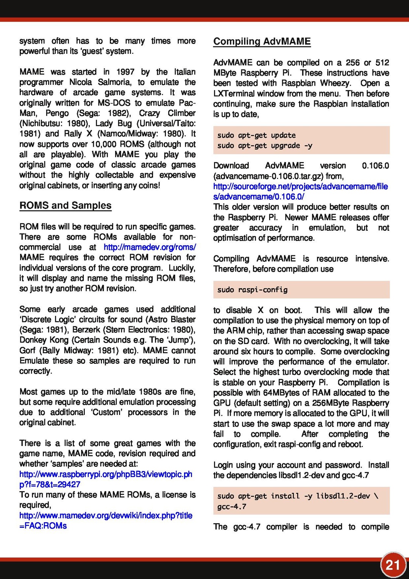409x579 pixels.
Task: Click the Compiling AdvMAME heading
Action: tap(262, 41)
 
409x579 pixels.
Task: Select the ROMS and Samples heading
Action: tap(66, 205)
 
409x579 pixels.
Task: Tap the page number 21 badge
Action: tap(393, 565)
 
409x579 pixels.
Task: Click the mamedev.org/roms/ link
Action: tap(150, 247)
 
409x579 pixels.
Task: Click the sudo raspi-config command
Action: tap(252, 290)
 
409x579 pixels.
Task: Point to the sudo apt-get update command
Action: tap(256, 135)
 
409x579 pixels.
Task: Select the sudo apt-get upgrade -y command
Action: tap(264, 146)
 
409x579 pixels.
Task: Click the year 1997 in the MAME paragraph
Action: tap(125, 72)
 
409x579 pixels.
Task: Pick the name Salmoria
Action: tap(114, 82)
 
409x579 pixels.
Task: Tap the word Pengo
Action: tap(57, 113)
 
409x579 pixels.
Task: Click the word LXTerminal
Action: tap(234, 94)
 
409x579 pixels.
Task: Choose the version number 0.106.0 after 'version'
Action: tap(375, 166)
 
